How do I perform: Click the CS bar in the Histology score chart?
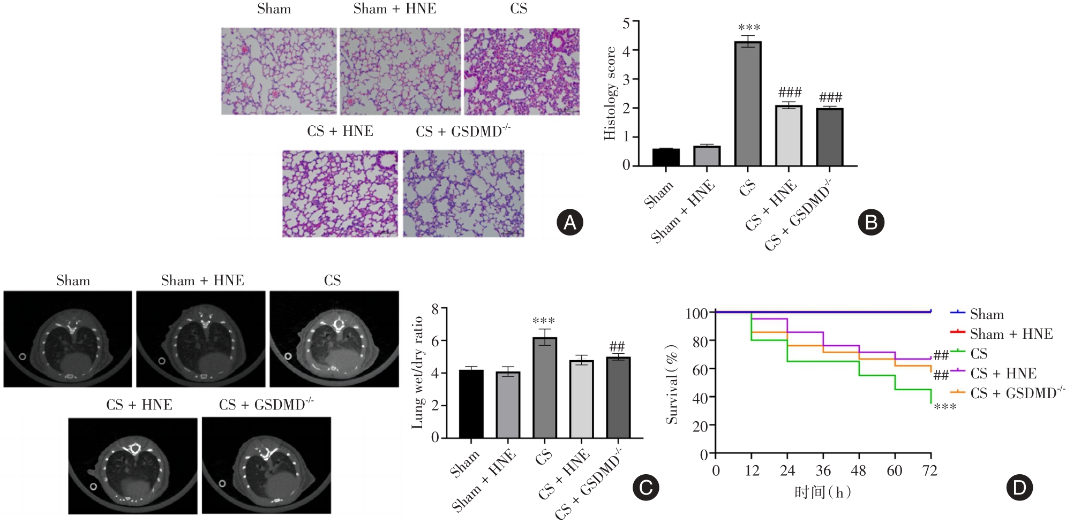748,104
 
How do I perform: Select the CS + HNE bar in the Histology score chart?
789,136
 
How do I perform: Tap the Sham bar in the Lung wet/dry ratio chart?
471,404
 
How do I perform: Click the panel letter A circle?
569,222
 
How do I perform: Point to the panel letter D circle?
1019,487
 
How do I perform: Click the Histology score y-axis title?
610,94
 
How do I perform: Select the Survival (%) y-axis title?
672,384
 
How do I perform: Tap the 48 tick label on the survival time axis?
858,471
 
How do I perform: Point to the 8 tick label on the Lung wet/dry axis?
435,309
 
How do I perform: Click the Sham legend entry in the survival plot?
986,314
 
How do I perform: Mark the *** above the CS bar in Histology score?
749,28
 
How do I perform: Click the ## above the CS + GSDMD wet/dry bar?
617,347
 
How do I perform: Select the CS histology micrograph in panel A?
521,71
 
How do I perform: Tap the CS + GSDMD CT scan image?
266,465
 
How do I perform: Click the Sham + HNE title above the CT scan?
202,280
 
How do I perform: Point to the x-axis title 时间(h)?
823,492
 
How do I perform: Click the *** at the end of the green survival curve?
945,407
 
